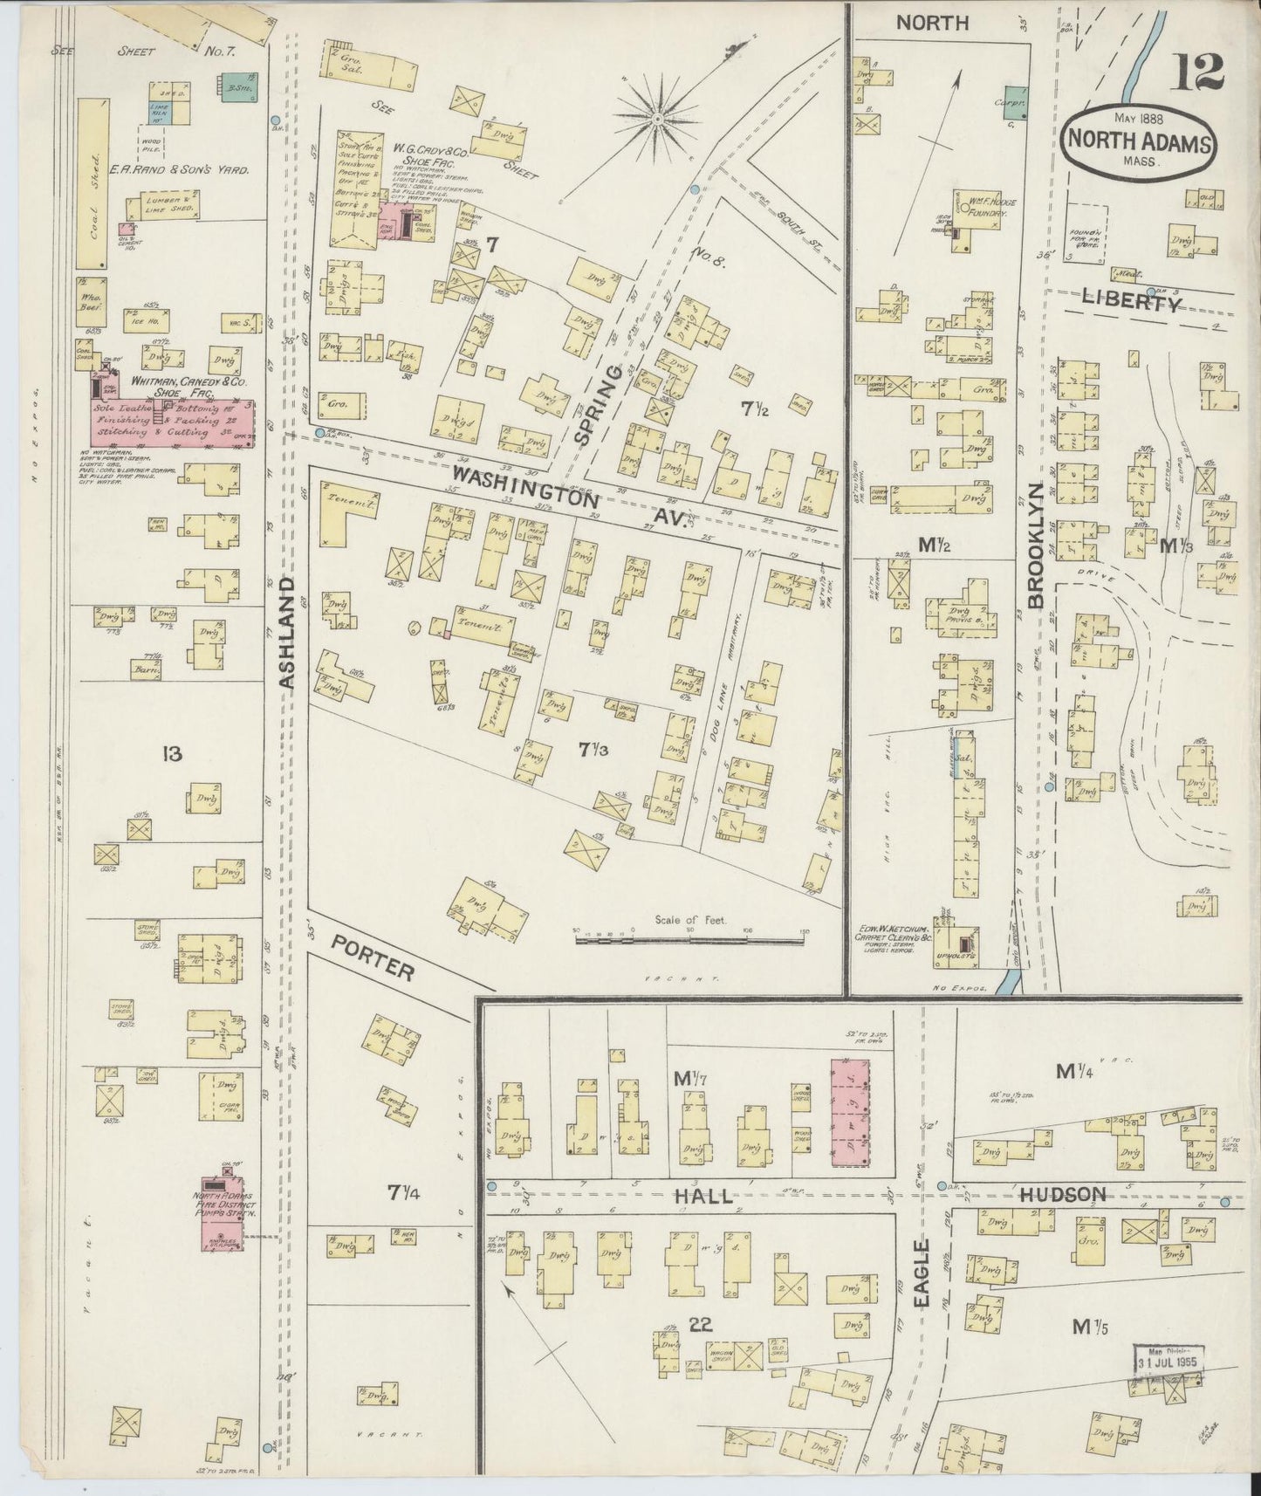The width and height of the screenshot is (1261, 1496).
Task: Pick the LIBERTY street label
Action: pos(1132,302)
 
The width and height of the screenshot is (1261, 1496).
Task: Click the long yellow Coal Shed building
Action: pos(93,183)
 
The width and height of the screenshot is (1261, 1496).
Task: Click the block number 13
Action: pos(172,752)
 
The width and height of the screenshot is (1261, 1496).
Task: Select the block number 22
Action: pos(700,1323)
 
